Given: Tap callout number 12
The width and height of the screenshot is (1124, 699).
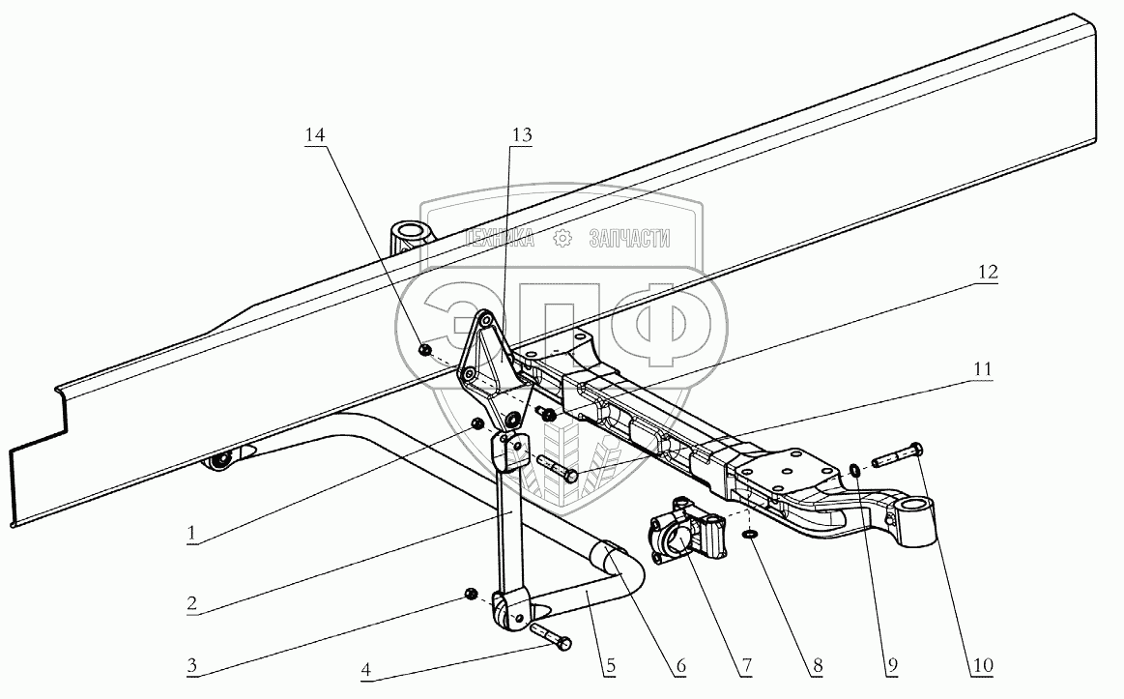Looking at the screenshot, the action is (987, 273).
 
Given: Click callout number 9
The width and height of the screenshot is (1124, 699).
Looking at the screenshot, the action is (892, 665).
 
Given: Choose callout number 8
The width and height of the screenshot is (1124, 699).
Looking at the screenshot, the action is (819, 665).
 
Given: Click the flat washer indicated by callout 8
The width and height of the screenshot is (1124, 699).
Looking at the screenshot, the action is (751, 533).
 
